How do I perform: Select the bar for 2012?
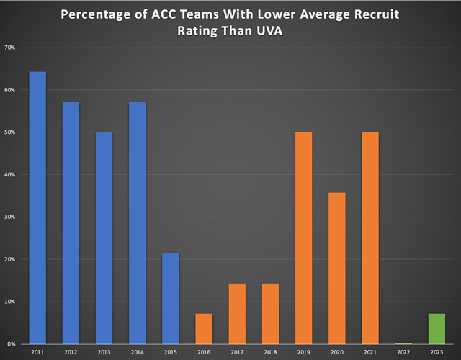tap(71, 223)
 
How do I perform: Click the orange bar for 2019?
tap(304, 238)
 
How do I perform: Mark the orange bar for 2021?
tap(370, 238)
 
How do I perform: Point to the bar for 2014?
tap(138, 223)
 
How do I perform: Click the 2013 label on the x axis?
tap(104, 352)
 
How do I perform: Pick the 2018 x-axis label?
tap(271, 352)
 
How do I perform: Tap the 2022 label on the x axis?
tap(404, 352)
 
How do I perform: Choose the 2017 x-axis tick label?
tap(238, 352)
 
